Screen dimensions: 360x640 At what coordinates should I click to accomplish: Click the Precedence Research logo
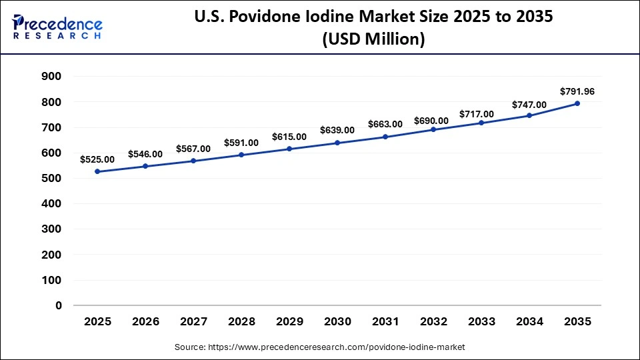tap(57, 27)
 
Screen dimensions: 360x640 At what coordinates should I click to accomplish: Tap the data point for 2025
tap(97, 171)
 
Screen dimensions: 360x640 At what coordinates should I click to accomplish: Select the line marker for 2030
tap(337, 143)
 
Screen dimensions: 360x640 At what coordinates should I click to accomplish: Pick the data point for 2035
tap(577, 103)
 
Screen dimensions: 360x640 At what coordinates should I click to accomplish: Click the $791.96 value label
tap(577, 91)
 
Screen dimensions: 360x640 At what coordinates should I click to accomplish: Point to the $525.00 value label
tap(97, 159)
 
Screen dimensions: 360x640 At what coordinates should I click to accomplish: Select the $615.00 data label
tap(289, 137)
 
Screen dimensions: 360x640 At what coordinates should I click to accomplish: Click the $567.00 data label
tap(193, 149)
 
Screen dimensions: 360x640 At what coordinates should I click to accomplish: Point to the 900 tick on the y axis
tap(52, 77)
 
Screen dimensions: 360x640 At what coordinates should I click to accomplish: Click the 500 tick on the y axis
tap(52, 179)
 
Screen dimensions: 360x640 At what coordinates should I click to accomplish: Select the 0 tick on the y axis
tap(59, 305)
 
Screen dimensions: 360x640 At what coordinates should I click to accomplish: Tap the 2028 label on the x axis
tap(241, 321)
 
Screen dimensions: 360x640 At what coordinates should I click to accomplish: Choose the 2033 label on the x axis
tap(481, 321)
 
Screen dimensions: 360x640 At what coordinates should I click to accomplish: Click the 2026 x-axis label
tap(145, 321)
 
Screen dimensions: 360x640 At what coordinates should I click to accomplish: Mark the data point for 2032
tap(433, 129)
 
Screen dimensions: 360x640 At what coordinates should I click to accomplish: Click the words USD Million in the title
tap(373, 40)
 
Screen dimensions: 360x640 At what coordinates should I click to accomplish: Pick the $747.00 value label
tap(529, 105)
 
